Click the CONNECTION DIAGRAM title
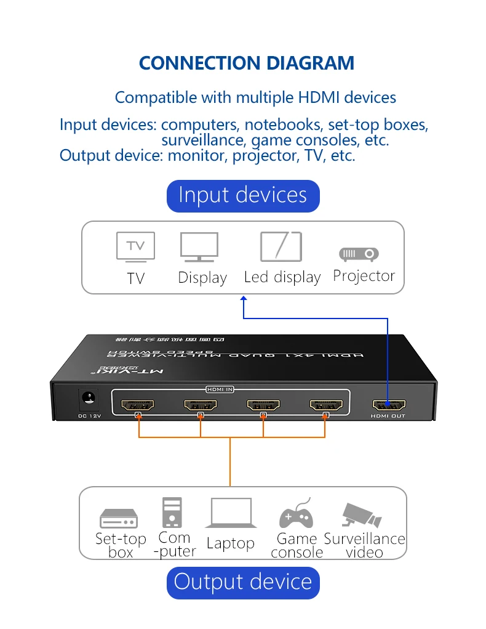[247, 63]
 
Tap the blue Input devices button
[243, 195]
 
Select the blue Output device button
[243, 582]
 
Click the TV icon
[135, 247]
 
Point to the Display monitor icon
[199, 248]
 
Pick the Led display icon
[281, 246]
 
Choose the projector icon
[359, 253]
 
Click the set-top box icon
[119, 518]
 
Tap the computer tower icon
[172, 513]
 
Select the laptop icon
[231, 513]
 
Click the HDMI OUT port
[389, 405]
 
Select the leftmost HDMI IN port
[138, 405]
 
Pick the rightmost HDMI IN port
[326, 405]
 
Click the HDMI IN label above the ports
[220, 389]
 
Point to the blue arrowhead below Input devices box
[244, 298]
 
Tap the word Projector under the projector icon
[364, 275]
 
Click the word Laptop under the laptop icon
[230, 543]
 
